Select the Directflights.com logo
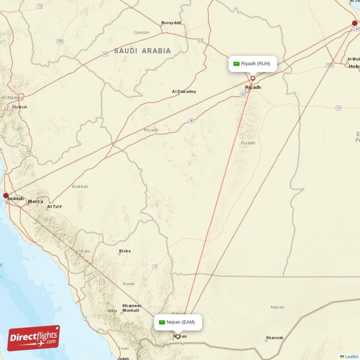(x=34, y=338)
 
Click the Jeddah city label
(x=16, y=198)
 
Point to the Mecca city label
(x=36, y=201)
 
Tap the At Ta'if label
(x=54, y=207)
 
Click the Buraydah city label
(x=171, y=23)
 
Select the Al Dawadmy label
(x=184, y=92)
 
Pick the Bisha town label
(x=125, y=251)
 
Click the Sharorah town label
(x=274, y=338)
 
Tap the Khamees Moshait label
(x=131, y=308)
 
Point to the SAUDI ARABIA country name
(x=142, y=51)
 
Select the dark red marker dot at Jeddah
(x=6, y=196)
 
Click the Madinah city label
(x=20, y=107)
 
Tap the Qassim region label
(x=142, y=32)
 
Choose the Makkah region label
(x=80, y=186)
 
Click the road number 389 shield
(x=60, y=41)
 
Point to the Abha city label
(x=112, y=310)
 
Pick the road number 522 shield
(x=330, y=65)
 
